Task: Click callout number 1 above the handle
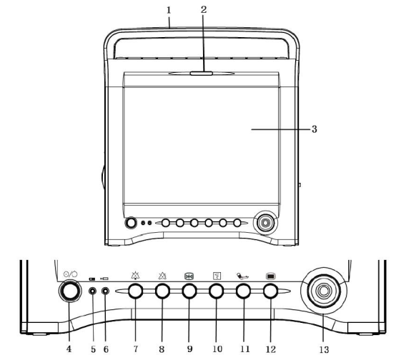point(169,10)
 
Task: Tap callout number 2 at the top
point(204,9)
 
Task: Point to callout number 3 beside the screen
point(314,129)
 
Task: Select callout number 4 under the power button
point(69,349)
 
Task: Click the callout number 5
point(93,349)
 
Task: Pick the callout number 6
point(106,349)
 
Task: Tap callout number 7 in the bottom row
point(136,349)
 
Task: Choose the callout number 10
point(217,349)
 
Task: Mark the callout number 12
point(271,349)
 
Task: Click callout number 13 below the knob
point(324,350)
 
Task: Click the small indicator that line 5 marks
point(93,291)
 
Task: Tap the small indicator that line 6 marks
point(105,291)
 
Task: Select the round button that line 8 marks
point(162,291)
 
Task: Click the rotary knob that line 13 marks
point(324,291)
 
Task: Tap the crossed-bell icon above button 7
point(135,276)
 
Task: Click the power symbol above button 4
point(70,274)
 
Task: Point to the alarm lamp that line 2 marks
point(202,74)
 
